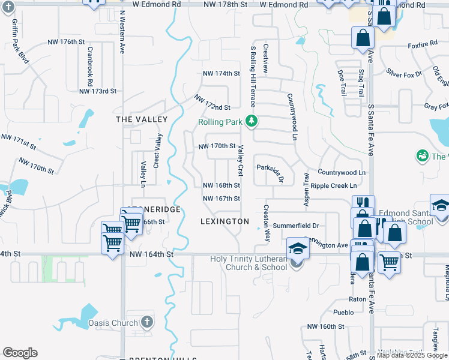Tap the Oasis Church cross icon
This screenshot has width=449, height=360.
[x=146, y=323]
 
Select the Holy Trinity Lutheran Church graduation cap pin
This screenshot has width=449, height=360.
[x=297, y=247]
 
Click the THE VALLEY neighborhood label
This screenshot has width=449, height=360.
[x=142, y=119]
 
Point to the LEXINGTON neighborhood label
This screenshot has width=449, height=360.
[x=224, y=221]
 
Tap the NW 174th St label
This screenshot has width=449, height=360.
[x=221, y=73]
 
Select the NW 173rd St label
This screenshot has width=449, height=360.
[x=97, y=91]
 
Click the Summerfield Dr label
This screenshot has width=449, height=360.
[x=295, y=226]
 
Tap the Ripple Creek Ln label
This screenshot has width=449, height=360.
[x=334, y=186]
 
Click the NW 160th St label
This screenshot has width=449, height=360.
[x=325, y=327]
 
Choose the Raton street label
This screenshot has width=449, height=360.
[x=357, y=298]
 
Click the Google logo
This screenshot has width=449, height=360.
[x=20, y=353]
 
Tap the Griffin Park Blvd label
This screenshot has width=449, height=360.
[x=19, y=41]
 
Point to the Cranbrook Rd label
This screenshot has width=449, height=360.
[x=91, y=66]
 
